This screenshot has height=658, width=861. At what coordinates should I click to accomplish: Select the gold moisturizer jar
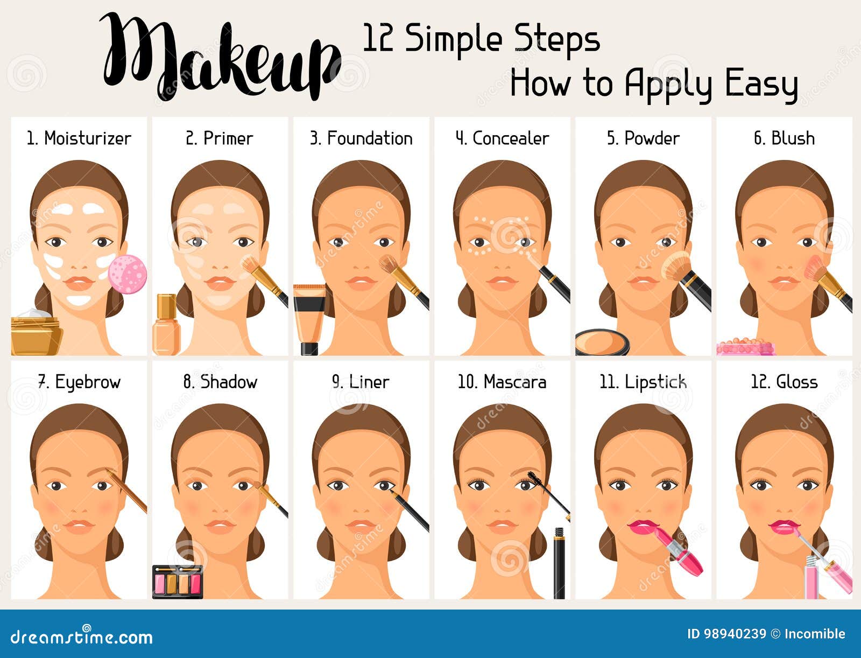(x=36, y=332)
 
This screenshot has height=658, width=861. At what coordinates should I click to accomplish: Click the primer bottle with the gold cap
(x=166, y=325)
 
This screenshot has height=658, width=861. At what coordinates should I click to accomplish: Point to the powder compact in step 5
(x=603, y=342)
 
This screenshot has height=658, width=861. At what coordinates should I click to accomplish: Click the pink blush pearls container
(x=746, y=347)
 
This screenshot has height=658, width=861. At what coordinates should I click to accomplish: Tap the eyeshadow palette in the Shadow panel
(x=178, y=582)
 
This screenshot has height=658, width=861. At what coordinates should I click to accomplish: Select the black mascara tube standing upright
(x=559, y=563)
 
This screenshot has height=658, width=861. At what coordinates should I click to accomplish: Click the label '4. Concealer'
(x=502, y=138)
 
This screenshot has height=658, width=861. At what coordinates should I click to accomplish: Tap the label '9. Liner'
(x=361, y=382)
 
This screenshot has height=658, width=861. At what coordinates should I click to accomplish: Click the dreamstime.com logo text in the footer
(x=81, y=636)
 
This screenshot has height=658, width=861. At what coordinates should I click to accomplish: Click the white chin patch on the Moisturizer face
(x=79, y=300)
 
